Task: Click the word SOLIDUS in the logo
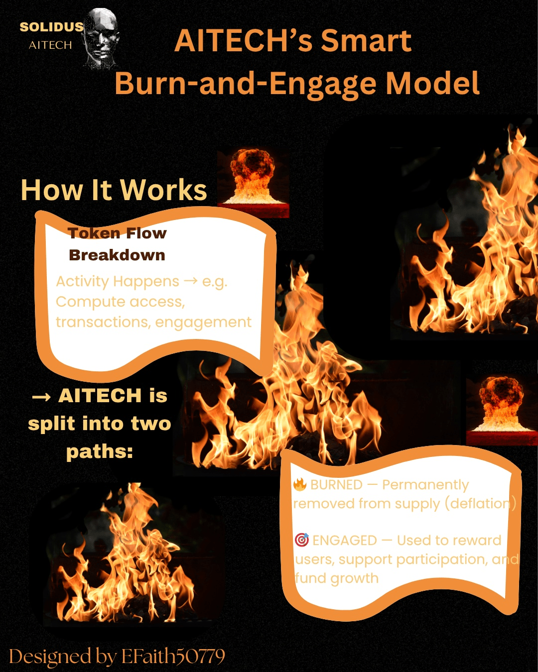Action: coord(51,27)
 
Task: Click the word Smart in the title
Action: coord(366,40)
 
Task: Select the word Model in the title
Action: coord(432,83)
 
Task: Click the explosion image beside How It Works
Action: coord(254,182)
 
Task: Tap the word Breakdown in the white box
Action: coord(117,255)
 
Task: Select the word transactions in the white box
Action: coord(93,322)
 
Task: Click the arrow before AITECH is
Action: coord(41,397)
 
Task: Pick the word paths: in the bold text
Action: coord(100,451)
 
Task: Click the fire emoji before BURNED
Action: coord(300,484)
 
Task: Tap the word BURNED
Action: coord(336,485)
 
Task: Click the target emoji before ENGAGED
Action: coord(301,540)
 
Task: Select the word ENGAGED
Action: coord(345,541)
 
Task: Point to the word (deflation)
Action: coord(480,504)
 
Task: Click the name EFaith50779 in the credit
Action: coord(173,657)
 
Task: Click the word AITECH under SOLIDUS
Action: coord(50,45)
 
